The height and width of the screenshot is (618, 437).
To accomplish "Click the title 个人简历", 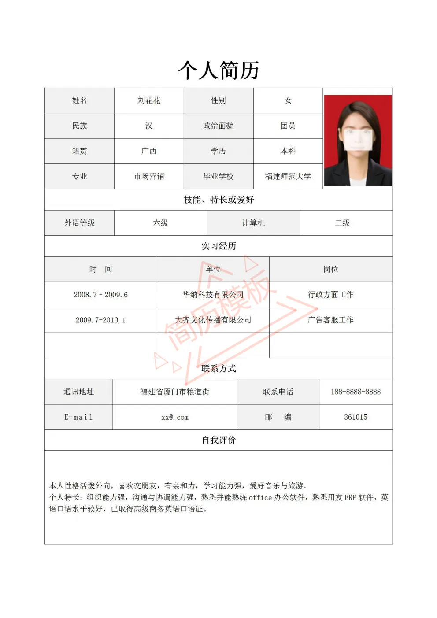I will point(218,70).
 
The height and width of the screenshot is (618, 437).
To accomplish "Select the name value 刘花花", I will point(149,100).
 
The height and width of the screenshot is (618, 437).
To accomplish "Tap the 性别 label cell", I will point(218,100).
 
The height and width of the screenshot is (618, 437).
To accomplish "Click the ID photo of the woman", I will point(358,141).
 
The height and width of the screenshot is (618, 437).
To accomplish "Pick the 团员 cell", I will point(288,126).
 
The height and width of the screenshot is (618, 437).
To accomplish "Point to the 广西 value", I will point(149,151).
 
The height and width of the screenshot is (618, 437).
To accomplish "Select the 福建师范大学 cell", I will point(288,176).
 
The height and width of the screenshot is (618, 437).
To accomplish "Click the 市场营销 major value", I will point(149,176).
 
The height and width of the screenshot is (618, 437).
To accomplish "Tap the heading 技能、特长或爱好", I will point(218,200).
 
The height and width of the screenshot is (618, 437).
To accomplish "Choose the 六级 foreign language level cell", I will point(160,223).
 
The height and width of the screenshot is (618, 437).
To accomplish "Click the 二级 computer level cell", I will point(342,223).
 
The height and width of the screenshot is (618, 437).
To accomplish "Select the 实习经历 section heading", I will point(218,246).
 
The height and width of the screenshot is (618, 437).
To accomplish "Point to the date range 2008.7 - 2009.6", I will point(101,295).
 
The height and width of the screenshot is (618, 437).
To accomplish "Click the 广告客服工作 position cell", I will point(330,320).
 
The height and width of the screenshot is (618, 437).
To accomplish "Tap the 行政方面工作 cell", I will point(330,295).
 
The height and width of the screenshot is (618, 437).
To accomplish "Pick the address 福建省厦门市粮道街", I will point(175,392).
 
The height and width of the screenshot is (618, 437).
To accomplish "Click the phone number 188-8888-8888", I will point(356,392).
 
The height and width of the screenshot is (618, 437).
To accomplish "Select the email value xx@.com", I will point(175,417).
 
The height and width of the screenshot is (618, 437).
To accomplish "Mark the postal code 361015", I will point(356,417).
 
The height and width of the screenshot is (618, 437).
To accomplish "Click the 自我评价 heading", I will point(218,440).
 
